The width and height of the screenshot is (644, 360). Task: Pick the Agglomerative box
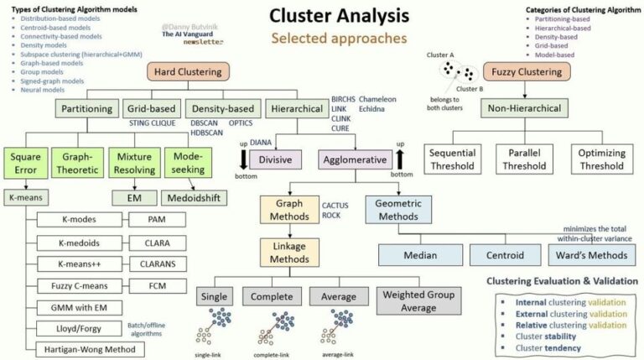pos(355,159)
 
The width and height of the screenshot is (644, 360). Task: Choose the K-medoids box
pos(80,243)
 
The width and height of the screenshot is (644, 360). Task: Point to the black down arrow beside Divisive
pos(242,159)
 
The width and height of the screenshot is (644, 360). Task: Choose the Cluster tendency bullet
pos(555,347)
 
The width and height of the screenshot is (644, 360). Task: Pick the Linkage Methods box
pos(288,253)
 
